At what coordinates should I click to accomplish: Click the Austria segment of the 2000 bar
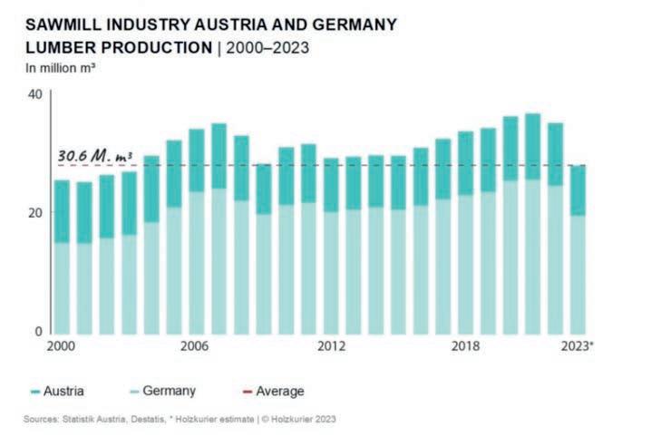[x=62, y=210]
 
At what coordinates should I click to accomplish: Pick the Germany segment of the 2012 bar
[x=332, y=271]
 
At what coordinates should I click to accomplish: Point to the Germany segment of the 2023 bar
[x=578, y=272]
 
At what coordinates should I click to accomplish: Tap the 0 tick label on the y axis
[x=38, y=331]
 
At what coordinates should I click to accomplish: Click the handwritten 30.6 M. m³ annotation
[x=95, y=155]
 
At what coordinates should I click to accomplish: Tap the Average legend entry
[x=272, y=391]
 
